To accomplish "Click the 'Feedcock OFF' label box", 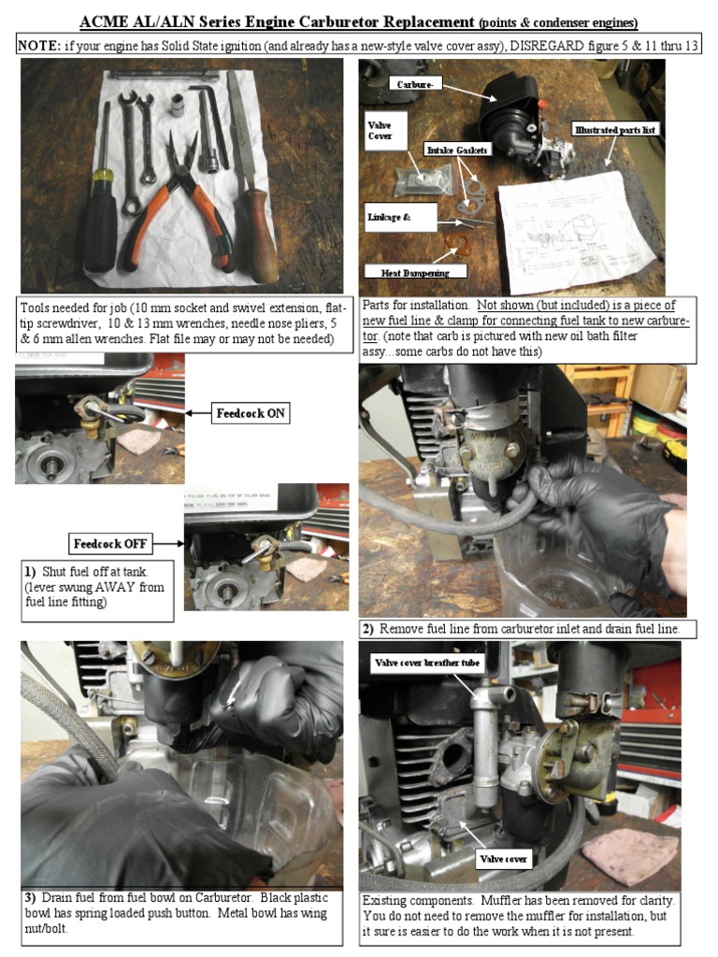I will pos(110,543).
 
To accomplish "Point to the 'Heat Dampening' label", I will pos(414,273).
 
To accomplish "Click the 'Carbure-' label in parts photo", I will pos(414,84).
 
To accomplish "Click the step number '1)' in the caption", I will pos(31,571).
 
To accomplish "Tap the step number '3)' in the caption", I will pos(31,899).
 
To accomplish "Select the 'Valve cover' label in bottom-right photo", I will pos(504,858).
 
